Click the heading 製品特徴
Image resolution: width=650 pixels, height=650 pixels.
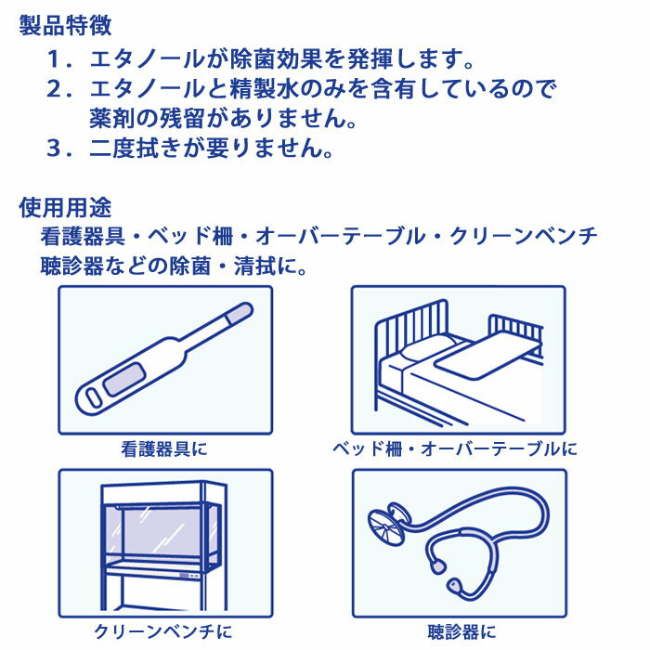click(65, 26)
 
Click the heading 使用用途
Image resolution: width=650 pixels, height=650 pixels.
click(65, 207)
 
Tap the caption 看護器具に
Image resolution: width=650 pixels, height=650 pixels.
click(164, 448)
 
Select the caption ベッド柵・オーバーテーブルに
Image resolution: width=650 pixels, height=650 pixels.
click(455, 448)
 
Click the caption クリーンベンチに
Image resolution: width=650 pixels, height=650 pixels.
click(163, 632)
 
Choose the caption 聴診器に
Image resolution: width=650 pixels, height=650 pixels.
click(461, 632)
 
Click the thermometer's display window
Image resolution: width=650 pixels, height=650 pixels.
click(124, 379)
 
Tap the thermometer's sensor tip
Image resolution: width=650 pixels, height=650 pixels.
click(240, 313)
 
